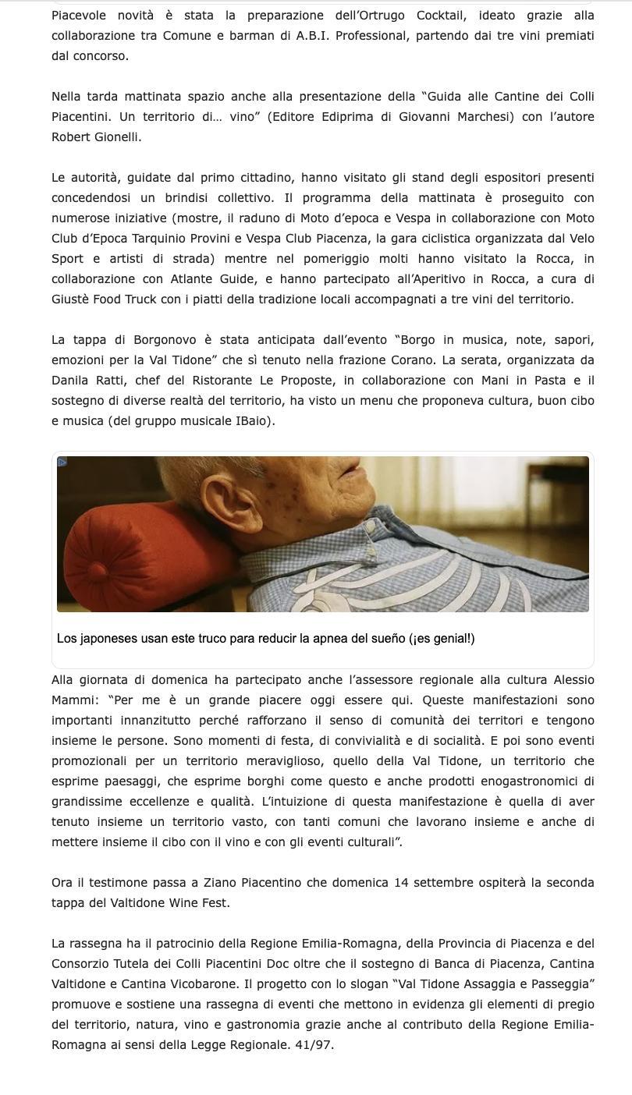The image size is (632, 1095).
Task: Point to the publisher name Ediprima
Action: click(x=372, y=116)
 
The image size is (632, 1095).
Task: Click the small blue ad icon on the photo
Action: click(x=62, y=462)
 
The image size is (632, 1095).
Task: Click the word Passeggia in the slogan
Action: click(x=556, y=983)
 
